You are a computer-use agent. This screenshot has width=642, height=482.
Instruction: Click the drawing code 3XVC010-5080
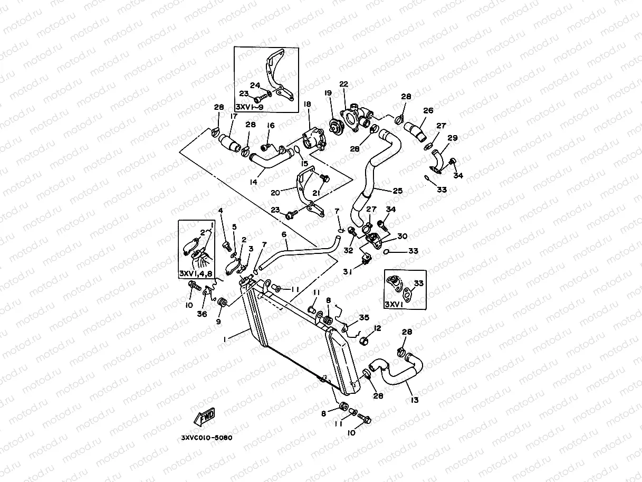point(206,438)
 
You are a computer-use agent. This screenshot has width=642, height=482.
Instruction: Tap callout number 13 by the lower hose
point(415,400)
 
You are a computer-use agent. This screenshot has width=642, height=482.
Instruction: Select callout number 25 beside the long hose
point(398,191)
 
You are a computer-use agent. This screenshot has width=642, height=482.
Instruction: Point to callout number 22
point(344,84)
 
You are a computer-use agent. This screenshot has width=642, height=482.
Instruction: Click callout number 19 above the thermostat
point(328,93)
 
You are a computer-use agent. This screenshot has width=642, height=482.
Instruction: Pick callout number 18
point(308,105)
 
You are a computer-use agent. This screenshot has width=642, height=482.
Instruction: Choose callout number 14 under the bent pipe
point(254,182)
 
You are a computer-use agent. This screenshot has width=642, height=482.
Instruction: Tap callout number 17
point(234,116)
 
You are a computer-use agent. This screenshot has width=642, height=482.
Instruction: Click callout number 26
point(428,111)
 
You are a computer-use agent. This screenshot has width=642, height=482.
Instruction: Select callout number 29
point(452,138)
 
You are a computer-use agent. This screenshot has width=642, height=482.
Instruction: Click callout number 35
point(364,317)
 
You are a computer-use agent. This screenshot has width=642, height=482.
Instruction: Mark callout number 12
point(377,328)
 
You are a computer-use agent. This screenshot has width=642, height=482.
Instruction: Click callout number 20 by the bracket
point(275,193)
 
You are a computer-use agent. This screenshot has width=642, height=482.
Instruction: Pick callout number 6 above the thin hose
point(284,234)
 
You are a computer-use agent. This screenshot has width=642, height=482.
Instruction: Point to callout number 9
point(218,321)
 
